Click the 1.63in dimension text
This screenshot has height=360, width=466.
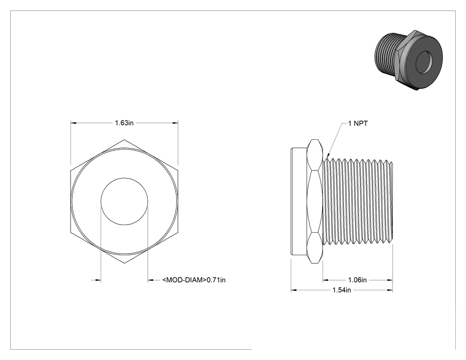pyautogui.click(x=124, y=123)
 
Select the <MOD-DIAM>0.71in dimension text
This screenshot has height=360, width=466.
pyautogui.click(x=194, y=280)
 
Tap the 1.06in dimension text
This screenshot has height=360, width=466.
pyautogui.click(x=357, y=280)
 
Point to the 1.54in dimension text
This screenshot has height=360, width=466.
pyautogui.click(x=341, y=290)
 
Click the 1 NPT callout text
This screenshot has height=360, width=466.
pyautogui.click(x=358, y=123)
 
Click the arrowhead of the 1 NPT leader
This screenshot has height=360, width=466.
pyautogui.click(x=328, y=156)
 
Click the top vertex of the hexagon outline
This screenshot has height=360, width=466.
pyautogui.click(x=124, y=139)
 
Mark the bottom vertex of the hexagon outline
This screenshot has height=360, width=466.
pyautogui.click(x=124, y=263)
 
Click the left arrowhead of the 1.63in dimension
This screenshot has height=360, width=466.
pyautogui.click(x=74, y=123)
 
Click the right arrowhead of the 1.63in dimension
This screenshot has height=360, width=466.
pyautogui.click(x=175, y=123)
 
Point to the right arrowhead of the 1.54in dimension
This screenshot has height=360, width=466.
pyautogui.click(x=389, y=290)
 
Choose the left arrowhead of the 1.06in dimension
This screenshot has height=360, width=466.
pyautogui.click(x=326, y=280)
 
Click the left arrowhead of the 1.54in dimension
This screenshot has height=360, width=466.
pyautogui.click(x=294, y=290)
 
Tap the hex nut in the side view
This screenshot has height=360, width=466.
pyautogui.click(x=315, y=201)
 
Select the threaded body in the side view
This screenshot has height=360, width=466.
pyautogui.click(x=358, y=201)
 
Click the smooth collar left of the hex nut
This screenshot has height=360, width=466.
pyautogui.click(x=299, y=201)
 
